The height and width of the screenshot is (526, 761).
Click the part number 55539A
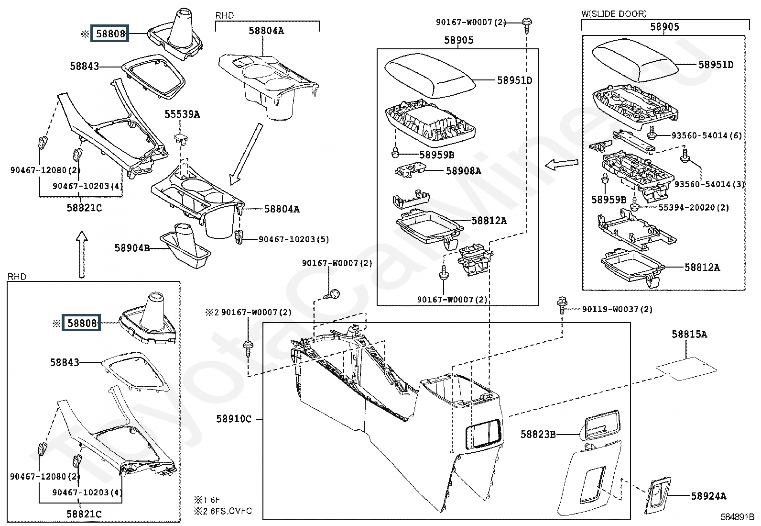pos(182,114)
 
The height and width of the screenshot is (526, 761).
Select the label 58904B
pos(132,248)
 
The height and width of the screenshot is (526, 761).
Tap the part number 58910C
pos(234,419)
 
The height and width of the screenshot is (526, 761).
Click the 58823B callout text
pos(538,435)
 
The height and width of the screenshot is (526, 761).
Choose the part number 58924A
pos(708,496)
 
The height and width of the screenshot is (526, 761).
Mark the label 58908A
pos(463,170)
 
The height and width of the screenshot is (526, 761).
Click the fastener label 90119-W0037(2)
pos(617,309)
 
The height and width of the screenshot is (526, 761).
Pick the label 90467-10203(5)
pos(294,239)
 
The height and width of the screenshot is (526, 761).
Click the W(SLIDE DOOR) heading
pos(614,13)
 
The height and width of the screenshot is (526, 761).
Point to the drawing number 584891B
pos(738,517)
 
